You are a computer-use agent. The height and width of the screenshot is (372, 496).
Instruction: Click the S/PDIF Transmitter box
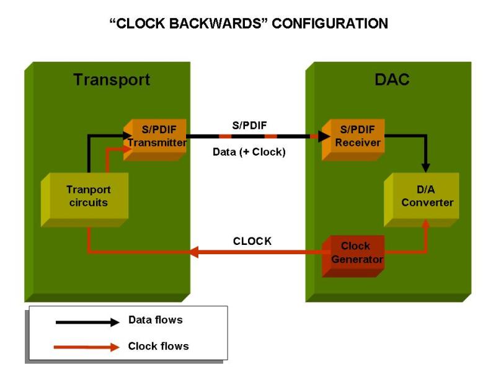click(x=157, y=138)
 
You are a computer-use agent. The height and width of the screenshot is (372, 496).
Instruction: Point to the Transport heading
click(x=112, y=80)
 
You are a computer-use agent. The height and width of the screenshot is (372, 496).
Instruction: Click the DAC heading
click(x=392, y=80)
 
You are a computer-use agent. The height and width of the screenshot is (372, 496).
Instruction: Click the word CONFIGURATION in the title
click(x=330, y=24)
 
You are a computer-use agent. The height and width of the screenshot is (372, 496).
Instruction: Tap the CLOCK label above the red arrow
click(x=252, y=241)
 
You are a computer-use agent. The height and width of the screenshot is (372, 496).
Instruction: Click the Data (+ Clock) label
click(x=249, y=152)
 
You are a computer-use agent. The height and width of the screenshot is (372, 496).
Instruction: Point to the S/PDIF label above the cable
click(x=249, y=125)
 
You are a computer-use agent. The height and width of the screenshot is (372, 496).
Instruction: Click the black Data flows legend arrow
click(x=87, y=322)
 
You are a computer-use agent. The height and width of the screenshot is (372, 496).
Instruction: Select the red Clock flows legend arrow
click(x=87, y=347)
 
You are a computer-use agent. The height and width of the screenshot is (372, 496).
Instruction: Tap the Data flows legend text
click(x=155, y=321)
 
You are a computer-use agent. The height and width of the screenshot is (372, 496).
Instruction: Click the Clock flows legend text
click(x=158, y=346)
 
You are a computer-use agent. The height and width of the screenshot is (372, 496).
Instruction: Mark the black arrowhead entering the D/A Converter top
click(x=425, y=167)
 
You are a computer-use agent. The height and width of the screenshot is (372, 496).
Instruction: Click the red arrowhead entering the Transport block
click(x=194, y=252)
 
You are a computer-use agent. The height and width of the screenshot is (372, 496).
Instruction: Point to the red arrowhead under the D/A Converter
click(x=425, y=223)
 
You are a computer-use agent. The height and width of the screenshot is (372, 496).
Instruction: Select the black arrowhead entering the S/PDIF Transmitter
click(x=128, y=135)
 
